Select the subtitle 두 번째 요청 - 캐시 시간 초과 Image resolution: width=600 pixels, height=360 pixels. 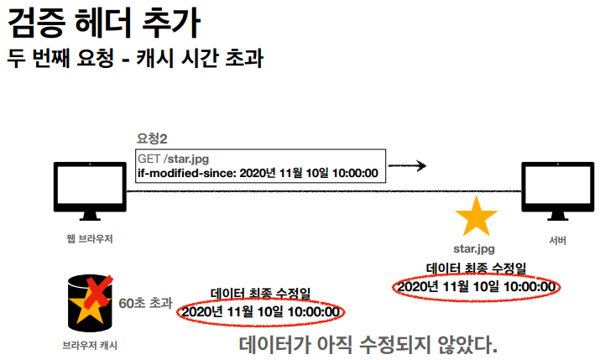pyautogui.click(x=134, y=60)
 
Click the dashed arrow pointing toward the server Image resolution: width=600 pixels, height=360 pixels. pyautogui.click(x=408, y=165)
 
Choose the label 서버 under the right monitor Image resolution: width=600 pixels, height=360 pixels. pyautogui.click(x=557, y=241)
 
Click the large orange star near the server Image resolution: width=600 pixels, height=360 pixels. pyautogui.click(x=476, y=217)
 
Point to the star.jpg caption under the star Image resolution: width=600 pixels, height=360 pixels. pyautogui.click(x=475, y=249)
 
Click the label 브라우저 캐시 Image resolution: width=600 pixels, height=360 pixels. pyautogui.click(x=89, y=343)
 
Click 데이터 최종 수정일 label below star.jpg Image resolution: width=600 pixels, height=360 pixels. pyautogui.click(x=476, y=269)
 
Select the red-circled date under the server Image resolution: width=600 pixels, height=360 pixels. pyautogui.click(x=476, y=287)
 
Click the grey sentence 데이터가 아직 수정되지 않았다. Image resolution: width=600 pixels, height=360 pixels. pyautogui.click(x=368, y=345)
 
